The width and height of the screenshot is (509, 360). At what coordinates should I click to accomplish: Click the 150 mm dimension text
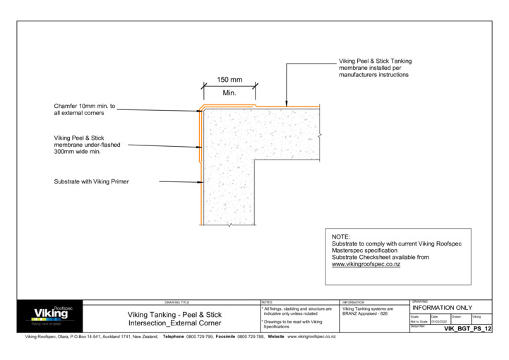pyautogui.click(x=229, y=80)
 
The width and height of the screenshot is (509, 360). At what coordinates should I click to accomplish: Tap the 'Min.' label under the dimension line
pyautogui.click(x=229, y=93)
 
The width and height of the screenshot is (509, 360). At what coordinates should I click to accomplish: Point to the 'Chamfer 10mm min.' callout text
pyautogui.click(x=85, y=106)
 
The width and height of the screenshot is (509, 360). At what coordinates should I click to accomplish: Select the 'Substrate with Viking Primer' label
pyautogui.click(x=91, y=181)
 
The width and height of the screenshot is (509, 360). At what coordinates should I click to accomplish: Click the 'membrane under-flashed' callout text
pyautogui.click(x=87, y=145)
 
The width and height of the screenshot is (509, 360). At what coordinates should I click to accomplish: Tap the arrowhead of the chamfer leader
pyautogui.click(x=199, y=110)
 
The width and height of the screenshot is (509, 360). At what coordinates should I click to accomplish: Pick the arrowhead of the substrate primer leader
pyautogui.click(x=200, y=181)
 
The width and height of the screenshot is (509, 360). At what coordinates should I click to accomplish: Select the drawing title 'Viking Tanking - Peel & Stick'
pyautogui.click(x=174, y=315)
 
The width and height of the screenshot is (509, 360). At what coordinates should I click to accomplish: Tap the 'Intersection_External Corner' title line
pyautogui.click(x=174, y=323)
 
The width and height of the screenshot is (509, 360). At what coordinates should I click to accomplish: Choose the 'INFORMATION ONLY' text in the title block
pyautogui.click(x=442, y=308)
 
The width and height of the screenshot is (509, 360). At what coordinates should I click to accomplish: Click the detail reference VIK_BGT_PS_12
pyautogui.click(x=467, y=329)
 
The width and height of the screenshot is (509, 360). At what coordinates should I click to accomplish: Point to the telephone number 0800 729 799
pyautogui.click(x=199, y=337)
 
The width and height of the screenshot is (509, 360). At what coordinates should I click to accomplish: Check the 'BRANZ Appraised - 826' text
pyautogui.click(x=365, y=313)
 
